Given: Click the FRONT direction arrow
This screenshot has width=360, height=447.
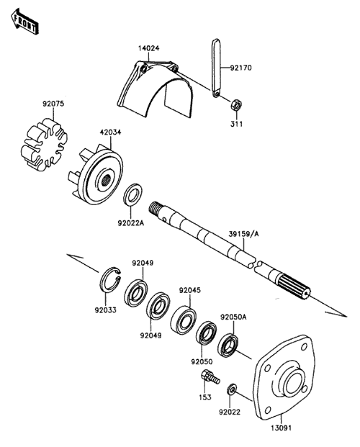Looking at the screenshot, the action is click(x=24, y=22).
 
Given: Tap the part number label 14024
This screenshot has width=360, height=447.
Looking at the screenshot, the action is click(x=149, y=48).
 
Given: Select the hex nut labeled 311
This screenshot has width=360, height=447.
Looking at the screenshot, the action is click(x=236, y=104).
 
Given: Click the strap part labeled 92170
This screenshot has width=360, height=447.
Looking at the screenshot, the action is click(x=216, y=68).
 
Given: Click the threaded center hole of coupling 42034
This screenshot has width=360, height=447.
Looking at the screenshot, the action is click(x=107, y=181).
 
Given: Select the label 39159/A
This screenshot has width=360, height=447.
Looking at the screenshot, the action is click(x=243, y=234).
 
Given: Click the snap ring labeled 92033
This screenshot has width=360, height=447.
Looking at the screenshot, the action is click(x=110, y=280).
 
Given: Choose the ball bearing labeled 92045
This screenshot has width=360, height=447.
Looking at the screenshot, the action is click(x=183, y=320).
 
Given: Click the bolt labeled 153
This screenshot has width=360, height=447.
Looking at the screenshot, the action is click(x=210, y=376).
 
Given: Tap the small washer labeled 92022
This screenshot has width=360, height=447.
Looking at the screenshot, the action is click(x=232, y=389).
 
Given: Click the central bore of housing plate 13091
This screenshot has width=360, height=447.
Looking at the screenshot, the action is click(x=293, y=382).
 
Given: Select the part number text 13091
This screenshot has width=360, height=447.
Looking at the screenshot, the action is click(x=281, y=428).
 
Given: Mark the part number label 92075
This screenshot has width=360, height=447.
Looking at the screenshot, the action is click(x=53, y=104).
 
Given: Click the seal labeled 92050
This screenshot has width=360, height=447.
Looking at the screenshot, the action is click(x=206, y=333).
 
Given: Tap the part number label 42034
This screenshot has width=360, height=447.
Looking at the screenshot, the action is click(x=110, y=132).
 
